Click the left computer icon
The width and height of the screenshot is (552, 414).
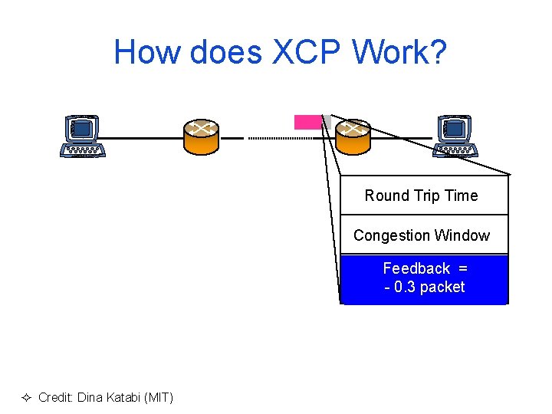(83, 136)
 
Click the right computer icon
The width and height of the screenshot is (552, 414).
(455, 136)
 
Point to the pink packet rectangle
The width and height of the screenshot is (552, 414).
(308, 121)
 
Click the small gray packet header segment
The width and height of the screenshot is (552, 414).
(327, 121)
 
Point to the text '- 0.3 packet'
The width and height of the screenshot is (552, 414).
(425, 287)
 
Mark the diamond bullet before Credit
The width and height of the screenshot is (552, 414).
(25, 397)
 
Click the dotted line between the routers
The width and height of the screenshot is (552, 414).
(271, 138)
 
